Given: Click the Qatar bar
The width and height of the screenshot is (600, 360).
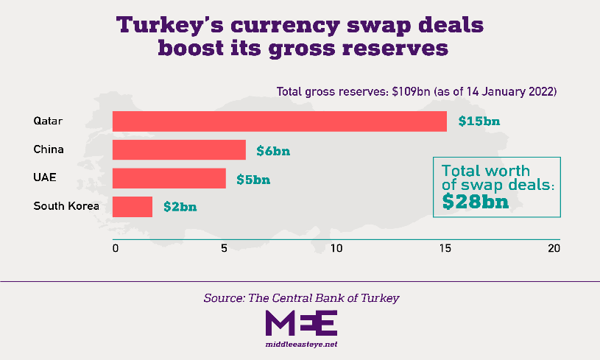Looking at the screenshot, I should pyautogui.click(x=280, y=121).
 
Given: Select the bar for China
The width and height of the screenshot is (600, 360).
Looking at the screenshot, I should pyautogui.click(x=179, y=149).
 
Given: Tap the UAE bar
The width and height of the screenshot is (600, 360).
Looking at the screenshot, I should pyautogui.click(x=169, y=178).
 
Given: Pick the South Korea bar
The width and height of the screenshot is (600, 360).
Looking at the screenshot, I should pyautogui.click(x=133, y=206).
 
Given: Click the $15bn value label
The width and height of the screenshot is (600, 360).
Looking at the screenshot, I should pyautogui.click(x=479, y=121).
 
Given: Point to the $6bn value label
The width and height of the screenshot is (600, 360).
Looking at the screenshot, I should pyautogui.click(x=273, y=150).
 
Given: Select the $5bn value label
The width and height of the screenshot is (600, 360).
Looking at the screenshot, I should pyautogui.click(x=253, y=179).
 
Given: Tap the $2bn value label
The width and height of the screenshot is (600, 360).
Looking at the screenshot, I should pyautogui.click(x=180, y=207).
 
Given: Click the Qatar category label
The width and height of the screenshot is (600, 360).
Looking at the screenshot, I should pyautogui.click(x=48, y=121).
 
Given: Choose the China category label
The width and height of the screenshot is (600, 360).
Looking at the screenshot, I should pyautogui.click(x=49, y=149).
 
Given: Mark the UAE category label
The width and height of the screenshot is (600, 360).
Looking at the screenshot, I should pyautogui.click(x=45, y=178).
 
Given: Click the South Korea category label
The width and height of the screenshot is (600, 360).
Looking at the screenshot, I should pyautogui.click(x=66, y=206).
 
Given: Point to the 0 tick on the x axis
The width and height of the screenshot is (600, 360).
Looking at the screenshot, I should pyautogui.click(x=115, y=248).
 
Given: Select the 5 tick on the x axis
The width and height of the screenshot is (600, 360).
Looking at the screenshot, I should pyautogui.click(x=224, y=248).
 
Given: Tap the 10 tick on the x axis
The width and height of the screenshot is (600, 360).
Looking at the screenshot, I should pyautogui.click(x=336, y=248).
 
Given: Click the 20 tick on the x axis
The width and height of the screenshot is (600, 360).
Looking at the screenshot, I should pyautogui.click(x=554, y=248).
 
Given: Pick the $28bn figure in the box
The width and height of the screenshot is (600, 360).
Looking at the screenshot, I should pyautogui.click(x=476, y=201).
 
